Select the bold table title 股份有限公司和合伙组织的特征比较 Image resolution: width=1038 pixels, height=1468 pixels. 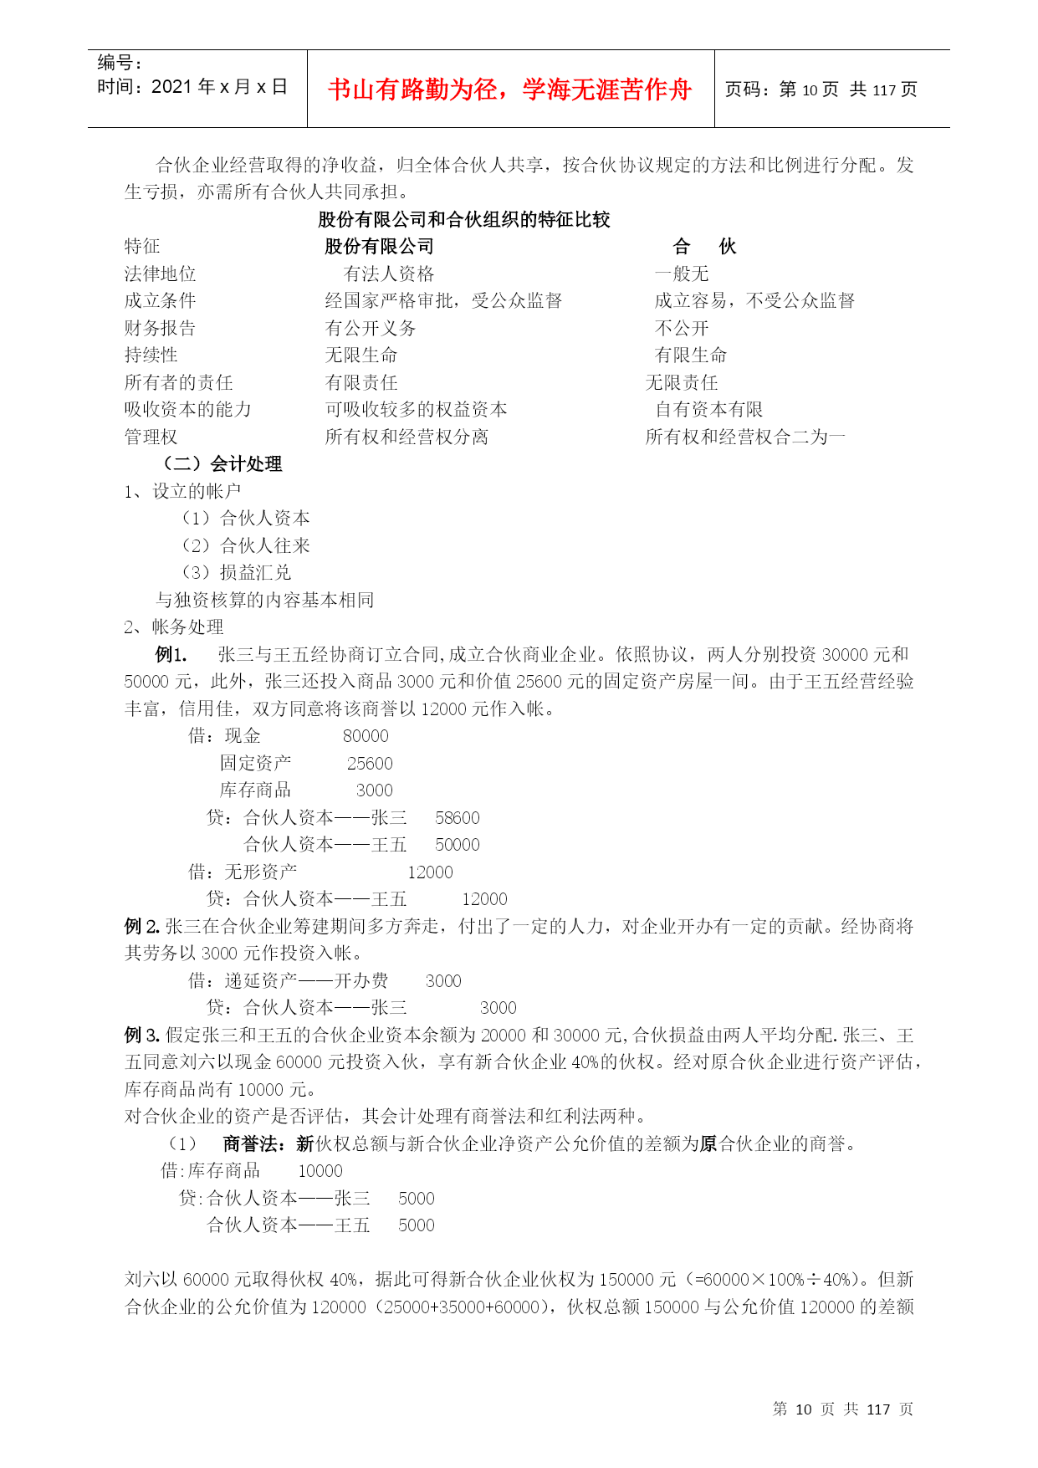click(464, 220)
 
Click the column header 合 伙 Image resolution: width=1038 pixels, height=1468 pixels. click(704, 247)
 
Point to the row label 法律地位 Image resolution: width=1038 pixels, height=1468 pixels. click(160, 274)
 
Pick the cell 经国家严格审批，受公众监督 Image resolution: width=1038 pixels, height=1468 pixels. click(443, 301)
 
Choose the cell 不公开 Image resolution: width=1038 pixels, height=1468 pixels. click(682, 329)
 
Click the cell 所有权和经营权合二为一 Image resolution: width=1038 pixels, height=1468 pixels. click(745, 437)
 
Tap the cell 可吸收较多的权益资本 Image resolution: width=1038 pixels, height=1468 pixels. click(416, 410)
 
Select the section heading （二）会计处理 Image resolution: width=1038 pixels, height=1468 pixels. click(222, 464)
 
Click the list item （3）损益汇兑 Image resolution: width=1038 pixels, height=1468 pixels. click(237, 573)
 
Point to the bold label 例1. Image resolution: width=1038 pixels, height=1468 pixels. click(171, 655)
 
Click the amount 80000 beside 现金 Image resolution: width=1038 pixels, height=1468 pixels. click(366, 736)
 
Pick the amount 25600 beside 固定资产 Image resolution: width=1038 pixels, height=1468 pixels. click(370, 764)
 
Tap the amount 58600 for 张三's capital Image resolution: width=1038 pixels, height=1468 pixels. click(458, 818)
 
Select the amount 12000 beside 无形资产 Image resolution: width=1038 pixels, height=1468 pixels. click(430, 872)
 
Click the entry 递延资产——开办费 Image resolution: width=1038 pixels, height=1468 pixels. click(306, 981)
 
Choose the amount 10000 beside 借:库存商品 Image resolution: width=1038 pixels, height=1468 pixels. click(320, 1171)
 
